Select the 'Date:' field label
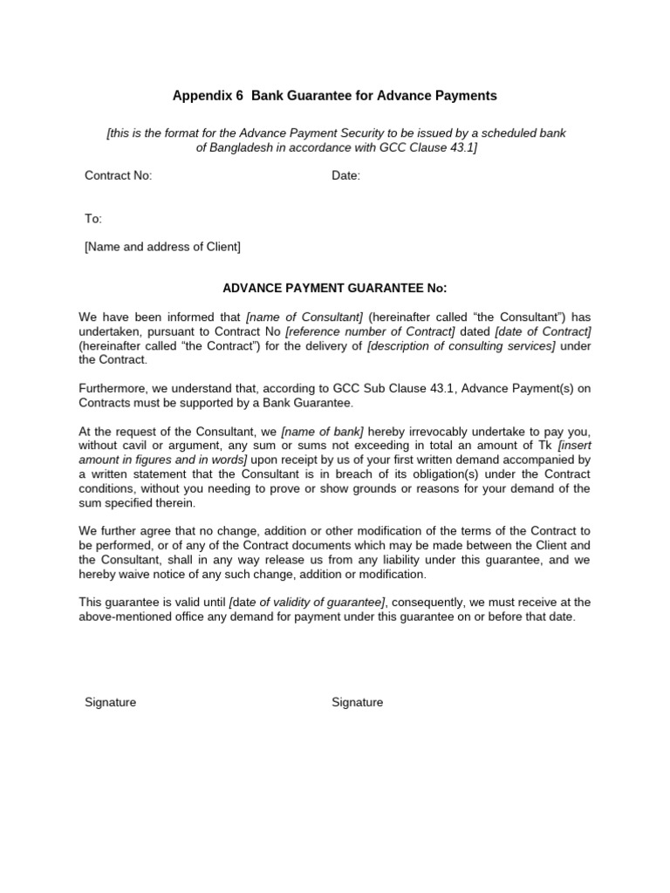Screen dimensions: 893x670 click(345, 176)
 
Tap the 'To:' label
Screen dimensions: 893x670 click(93, 219)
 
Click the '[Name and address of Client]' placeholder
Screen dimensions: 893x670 click(162, 247)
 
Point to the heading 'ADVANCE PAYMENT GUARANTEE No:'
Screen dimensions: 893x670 click(335, 289)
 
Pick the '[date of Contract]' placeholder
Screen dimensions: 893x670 click(543, 331)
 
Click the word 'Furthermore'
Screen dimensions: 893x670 click(112, 388)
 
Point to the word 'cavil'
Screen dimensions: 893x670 click(138, 446)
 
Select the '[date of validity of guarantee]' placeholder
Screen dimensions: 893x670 click(307, 602)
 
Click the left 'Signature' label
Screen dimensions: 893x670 click(110, 703)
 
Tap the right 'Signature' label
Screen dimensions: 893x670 click(357, 703)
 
